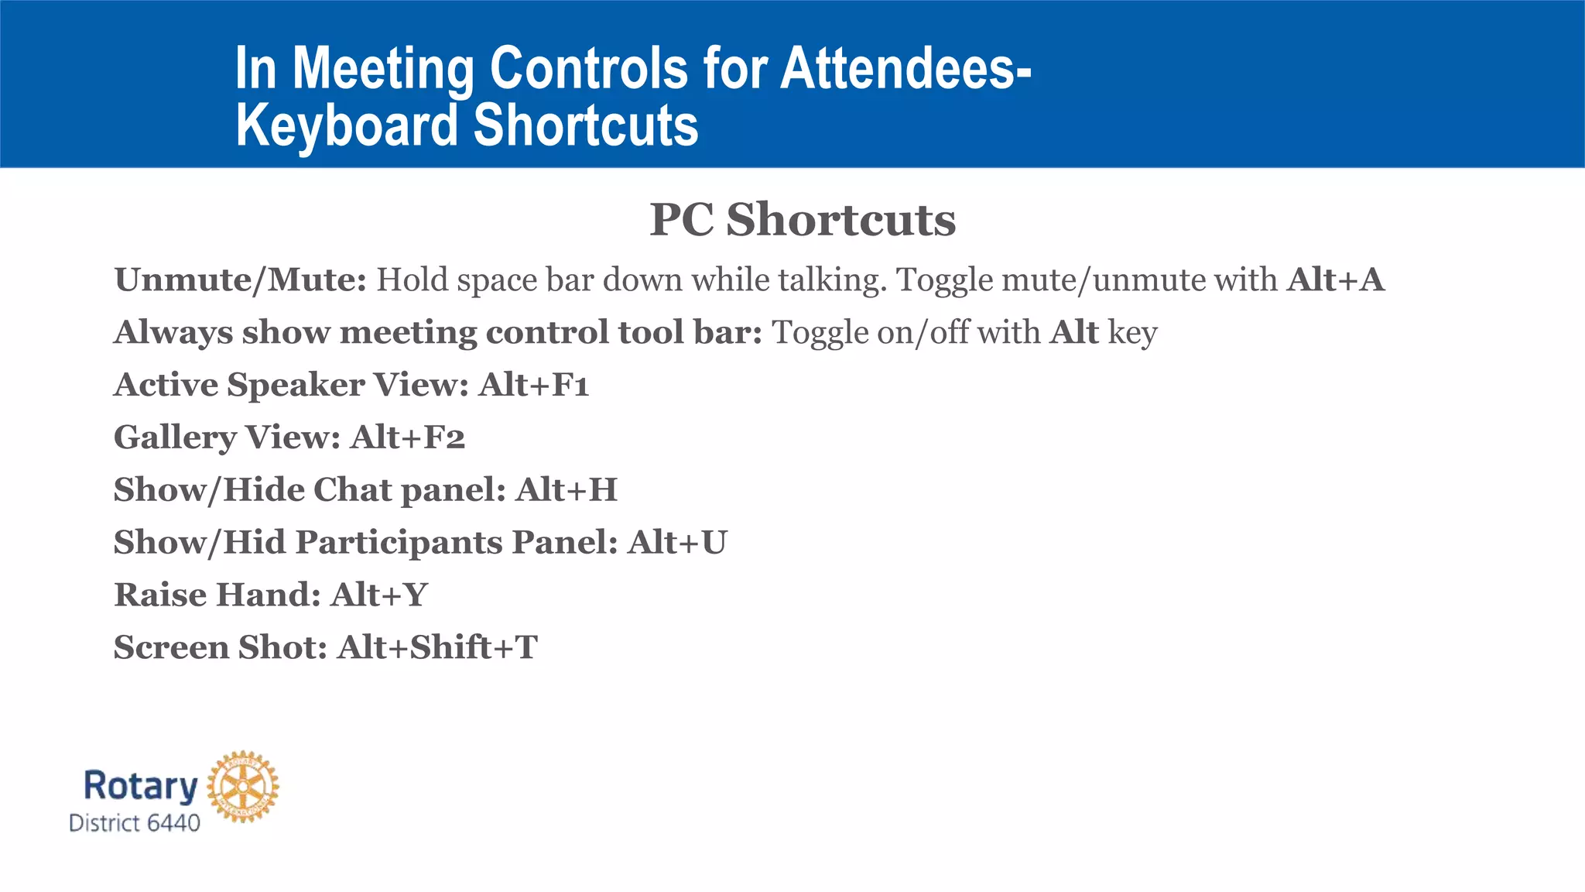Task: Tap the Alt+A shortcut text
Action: click(1335, 280)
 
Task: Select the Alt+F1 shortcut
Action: click(534, 385)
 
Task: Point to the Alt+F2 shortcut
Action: click(408, 437)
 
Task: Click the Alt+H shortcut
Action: click(567, 490)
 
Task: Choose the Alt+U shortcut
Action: click(677, 542)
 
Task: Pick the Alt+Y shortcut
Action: click(379, 595)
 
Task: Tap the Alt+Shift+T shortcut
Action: click(437, 647)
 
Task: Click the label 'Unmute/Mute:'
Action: click(240, 280)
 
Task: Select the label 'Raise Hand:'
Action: click(217, 595)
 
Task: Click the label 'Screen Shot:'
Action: click(221, 647)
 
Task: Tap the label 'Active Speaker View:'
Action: click(291, 385)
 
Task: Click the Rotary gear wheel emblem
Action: click(243, 786)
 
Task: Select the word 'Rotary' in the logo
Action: click(140, 785)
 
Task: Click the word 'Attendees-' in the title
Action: click(905, 68)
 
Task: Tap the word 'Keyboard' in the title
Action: click(347, 125)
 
